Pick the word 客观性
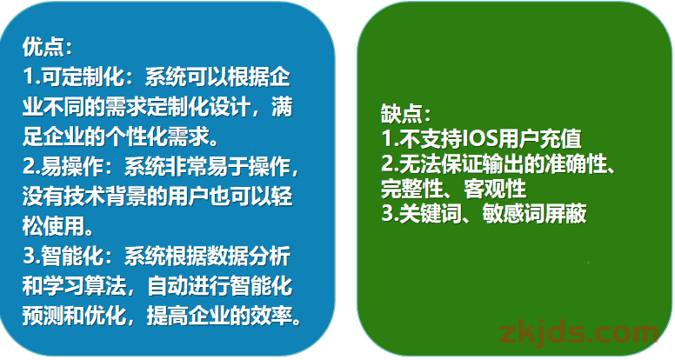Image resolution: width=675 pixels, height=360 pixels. [x=495, y=189]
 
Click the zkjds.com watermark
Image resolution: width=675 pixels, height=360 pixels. [x=578, y=334]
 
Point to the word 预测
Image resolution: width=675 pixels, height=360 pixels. [x=43, y=317]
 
